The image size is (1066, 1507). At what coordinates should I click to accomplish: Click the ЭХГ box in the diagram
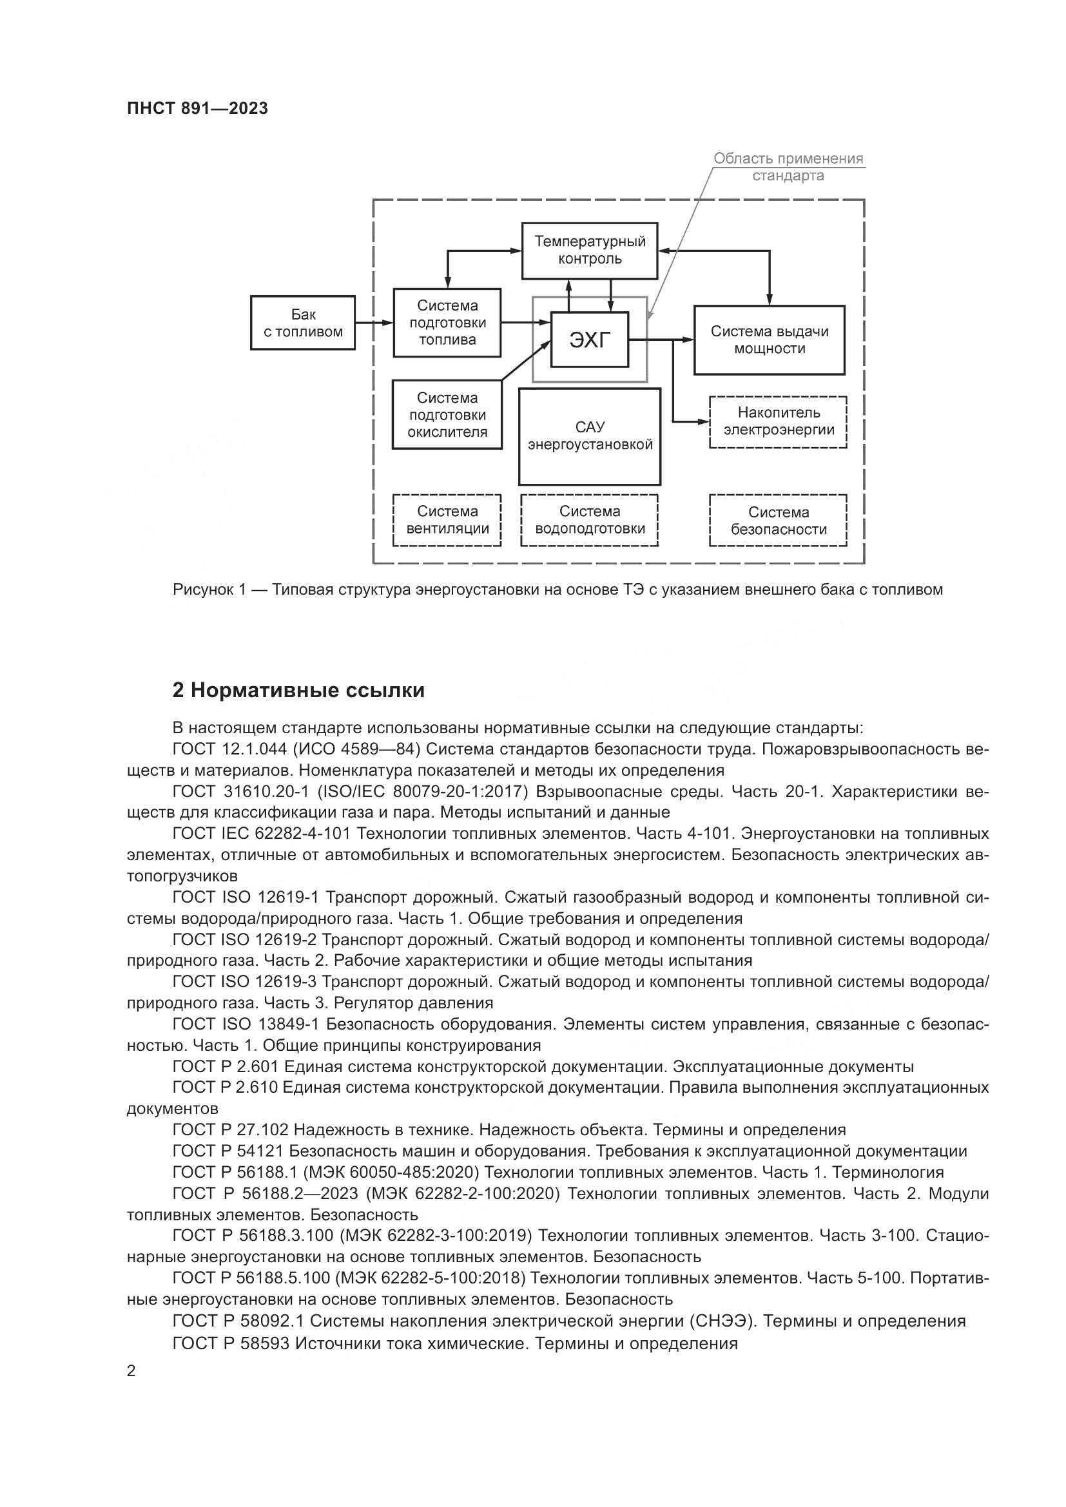pos(590,340)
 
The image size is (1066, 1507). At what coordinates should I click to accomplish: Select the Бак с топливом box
pos(303,323)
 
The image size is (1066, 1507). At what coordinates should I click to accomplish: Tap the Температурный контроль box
pos(590,250)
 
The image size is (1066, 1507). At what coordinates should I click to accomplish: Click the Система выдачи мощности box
pos(770,340)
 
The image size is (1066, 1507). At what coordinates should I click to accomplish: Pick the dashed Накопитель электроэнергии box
pos(779,422)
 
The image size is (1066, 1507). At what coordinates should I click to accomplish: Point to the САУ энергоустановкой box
pos(590,436)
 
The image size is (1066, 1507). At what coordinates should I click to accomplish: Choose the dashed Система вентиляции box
pos(447,520)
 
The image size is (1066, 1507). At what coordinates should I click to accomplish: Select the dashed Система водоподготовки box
pos(590,520)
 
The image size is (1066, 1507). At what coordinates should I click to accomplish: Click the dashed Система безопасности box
pos(779,521)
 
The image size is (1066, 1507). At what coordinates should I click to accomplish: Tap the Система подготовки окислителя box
pos(447,415)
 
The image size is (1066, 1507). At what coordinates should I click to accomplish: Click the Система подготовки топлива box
pos(447,322)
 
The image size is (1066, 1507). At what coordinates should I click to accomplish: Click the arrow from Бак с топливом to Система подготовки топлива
pos(374,322)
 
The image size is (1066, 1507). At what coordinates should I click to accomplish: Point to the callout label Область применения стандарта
pos(788,167)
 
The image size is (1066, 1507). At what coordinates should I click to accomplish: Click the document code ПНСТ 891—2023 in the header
pos(198,109)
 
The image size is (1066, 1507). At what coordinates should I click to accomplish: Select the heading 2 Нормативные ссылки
pos(298,691)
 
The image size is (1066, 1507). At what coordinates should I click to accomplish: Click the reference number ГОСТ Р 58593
pos(231,1343)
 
